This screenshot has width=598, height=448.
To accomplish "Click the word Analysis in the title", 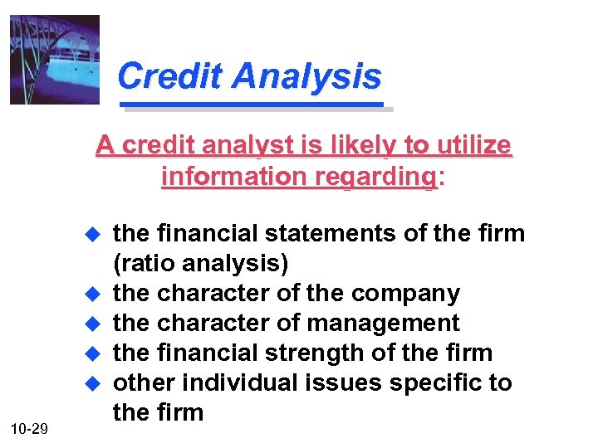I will tap(306, 76).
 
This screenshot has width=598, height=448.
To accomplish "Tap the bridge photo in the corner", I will tap(55, 60).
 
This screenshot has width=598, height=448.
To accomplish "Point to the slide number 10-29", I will tap(29, 428).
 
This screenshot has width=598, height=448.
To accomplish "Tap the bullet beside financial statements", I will tap(94, 235).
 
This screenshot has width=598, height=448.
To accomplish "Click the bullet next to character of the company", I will tap(94, 295).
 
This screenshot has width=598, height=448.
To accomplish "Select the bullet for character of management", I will tap(94, 324).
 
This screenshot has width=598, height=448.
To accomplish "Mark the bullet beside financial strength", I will tap(94, 354).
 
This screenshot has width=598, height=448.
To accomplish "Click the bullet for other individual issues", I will tap(94, 384).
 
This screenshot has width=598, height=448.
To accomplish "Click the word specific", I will tap(445, 382).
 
